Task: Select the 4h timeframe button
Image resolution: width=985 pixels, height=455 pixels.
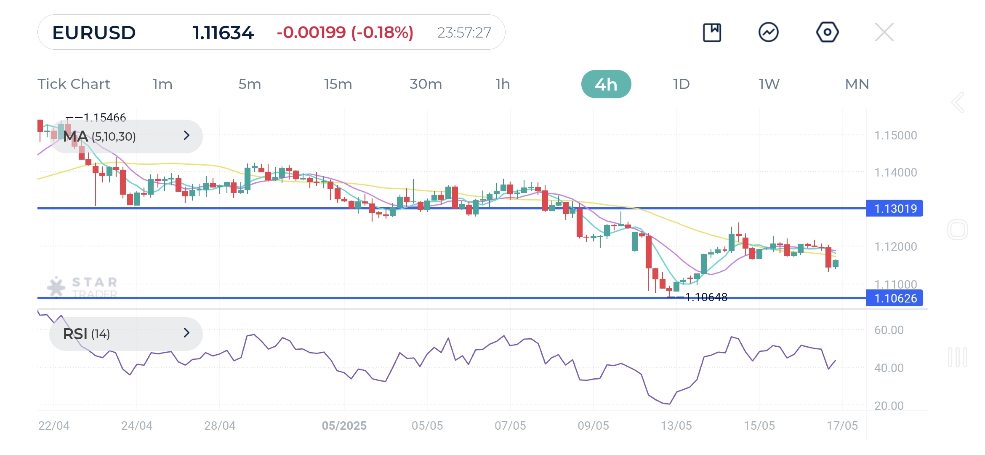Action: pyautogui.click(x=606, y=84)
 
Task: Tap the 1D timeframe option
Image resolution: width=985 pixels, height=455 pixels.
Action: pyautogui.click(x=681, y=84)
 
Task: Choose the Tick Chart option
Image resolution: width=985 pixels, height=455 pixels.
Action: pyautogui.click(x=74, y=84)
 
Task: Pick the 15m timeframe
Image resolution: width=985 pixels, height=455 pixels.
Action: pyautogui.click(x=338, y=84)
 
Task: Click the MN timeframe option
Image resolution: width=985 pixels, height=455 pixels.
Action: pyautogui.click(x=857, y=84)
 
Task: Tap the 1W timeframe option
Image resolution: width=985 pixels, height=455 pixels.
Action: pyautogui.click(x=769, y=84)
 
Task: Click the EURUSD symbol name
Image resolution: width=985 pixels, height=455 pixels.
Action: pyautogui.click(x=94, y=32)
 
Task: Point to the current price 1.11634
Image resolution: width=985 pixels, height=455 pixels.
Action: pyautogui.click(x=223, y=32)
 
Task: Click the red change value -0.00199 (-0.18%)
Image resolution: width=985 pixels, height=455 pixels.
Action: pyautogui.click(x=345, y=32)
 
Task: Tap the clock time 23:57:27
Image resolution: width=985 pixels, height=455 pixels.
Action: pyautogui.click(x=464, y=32)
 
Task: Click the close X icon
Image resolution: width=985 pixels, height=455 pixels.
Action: pyautogui.click(x=884, y=32)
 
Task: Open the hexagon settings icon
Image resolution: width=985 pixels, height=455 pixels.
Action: pyautogui.click(x=827, y=32)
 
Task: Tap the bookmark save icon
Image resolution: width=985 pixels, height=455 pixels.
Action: pyautogui.click(x=712, y=32)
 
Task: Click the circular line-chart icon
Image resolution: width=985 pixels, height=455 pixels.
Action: pyautogui.click(x=768, y=32)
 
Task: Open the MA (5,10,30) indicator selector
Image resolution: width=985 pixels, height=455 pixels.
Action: pyautogui.click(x=126, y=136)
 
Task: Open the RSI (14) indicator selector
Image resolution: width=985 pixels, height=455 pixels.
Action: pyautogui.click(x=126, y=334)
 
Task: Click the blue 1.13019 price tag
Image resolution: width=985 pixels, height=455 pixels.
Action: pyautogui.click(x=894, y=209)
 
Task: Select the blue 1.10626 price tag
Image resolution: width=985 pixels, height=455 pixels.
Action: pyautogui.click(x=894, y=298)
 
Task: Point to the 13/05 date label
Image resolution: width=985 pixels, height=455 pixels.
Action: pyautogui.click(x=676, y=426)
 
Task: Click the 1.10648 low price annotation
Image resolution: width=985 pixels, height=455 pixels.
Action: pyautogui.click(x=706, y=297)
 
